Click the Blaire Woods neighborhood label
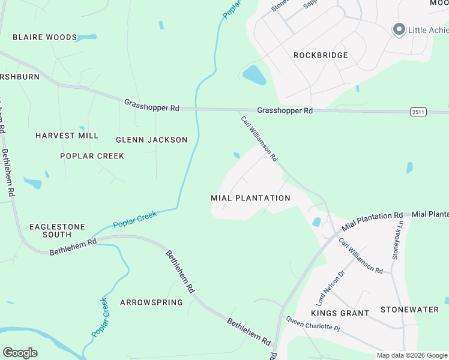tap(45, 37)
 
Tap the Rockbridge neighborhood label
tap(321, 55)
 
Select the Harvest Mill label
tap(67, 136)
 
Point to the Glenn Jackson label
tap(151, 140)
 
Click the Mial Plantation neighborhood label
tap(250, 198)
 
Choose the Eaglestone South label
tap(57, 230)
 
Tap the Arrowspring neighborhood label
tap(151, 302)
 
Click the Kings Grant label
tap(340, 313)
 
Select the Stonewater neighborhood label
tap(409, 310)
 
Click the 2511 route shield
tap(418, 112)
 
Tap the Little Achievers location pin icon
tap(398, 29)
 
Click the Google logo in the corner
tap(20, 353)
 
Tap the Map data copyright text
tap(412, 355)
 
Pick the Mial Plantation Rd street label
tap(372, 221)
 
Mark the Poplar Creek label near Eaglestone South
tap(134, 219)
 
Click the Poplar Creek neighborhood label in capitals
tap(92, 156)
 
